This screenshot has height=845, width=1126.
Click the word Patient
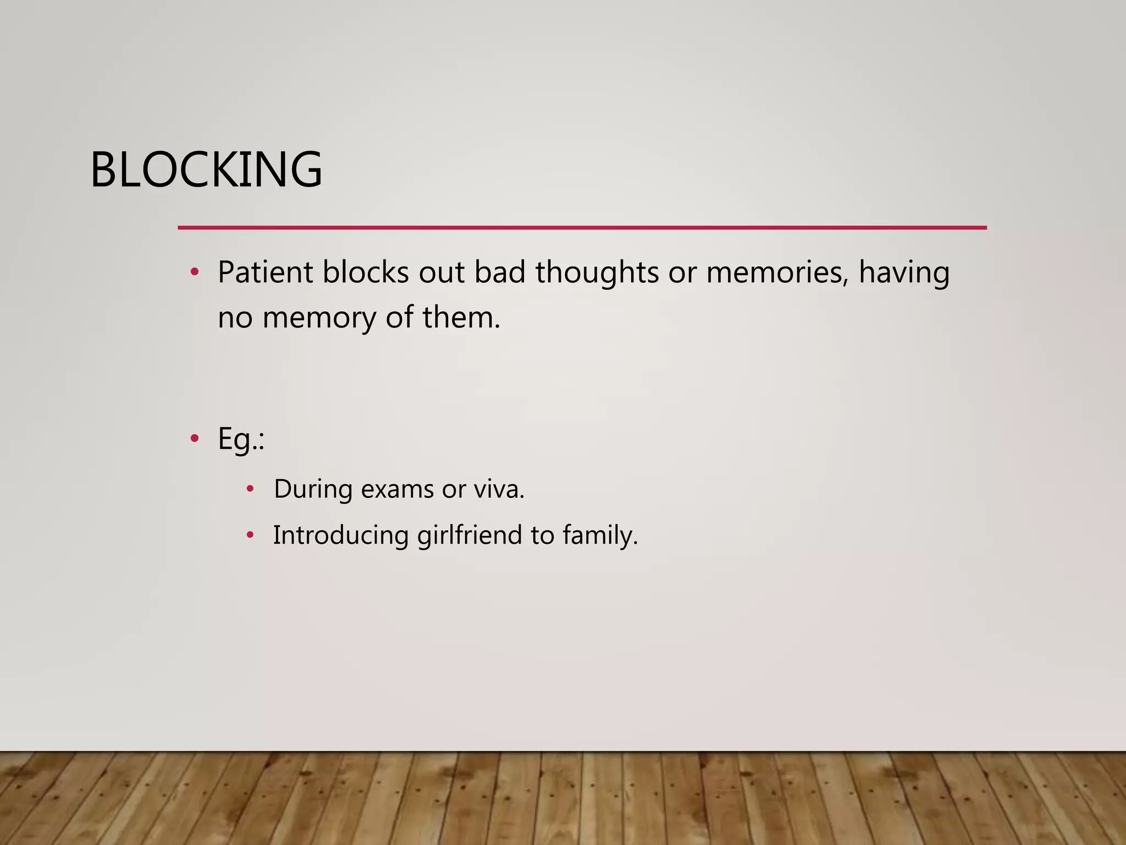click(x=265, y=272)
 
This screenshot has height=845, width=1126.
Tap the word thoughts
click(x=597, y=272)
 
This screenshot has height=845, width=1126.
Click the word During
click(x=313, y=489)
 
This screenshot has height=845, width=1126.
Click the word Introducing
click(x=340, y=535)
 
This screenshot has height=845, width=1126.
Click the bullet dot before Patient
click(x=195, y=272)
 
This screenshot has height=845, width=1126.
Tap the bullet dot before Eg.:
click(x=195, y=438)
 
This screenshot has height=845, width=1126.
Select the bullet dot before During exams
click(x=250, y=489)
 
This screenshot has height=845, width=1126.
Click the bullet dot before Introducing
click(x=250, y=534)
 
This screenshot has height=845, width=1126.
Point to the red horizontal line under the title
click(x=582, y=227)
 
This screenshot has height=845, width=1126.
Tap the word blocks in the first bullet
click(x=366, y=272)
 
